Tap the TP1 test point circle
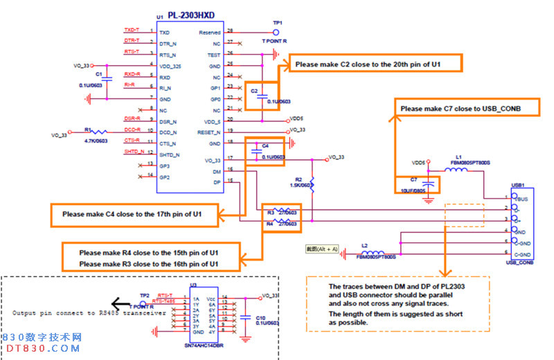pyautogui.click(x=276, y=32)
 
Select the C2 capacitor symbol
pyautogui.click(x=262, y=98)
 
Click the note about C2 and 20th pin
pyautogui.click(x=368, y=64)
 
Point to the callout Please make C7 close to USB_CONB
pyautogui.click(x=460, y=109)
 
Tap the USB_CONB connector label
pyautogui.click(x=519, y=262)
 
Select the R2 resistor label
pyautogui.click(x=298, y=179)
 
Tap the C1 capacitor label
pyautogui.click(x=99, y=74)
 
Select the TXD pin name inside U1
pyautogui.click(x=164, y=32)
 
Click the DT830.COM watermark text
pyautogui.click(x=41, y=348)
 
